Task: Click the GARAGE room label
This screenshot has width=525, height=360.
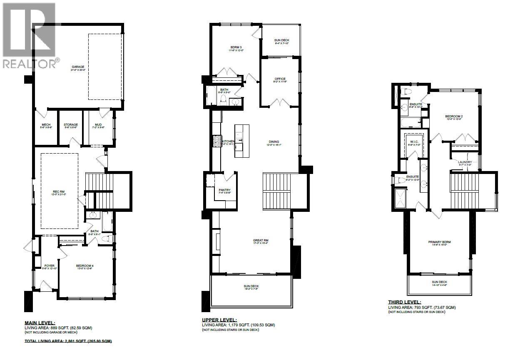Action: click(x=78, y=67)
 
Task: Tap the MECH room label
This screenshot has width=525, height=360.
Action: click(x=46, y=124)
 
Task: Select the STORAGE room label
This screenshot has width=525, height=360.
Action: click(x=70, y=124)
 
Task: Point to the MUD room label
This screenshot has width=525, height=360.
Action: click(x=98, y=124)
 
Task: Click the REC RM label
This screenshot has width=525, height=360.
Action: click(x=59, y=192)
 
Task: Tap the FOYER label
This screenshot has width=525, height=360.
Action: click(x=49, y=266)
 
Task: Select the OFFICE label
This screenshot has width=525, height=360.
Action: click(x=280, y=79)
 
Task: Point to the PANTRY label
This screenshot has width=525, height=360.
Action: click(x=224, y=190)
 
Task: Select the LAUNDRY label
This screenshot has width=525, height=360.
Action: click(x=465, y=162)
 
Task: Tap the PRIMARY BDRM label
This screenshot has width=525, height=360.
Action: click(x=440, y=242)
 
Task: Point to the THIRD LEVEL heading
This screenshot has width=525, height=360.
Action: click(x=404, y=302)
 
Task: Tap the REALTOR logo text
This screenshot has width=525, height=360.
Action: click(x=31, y=64)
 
